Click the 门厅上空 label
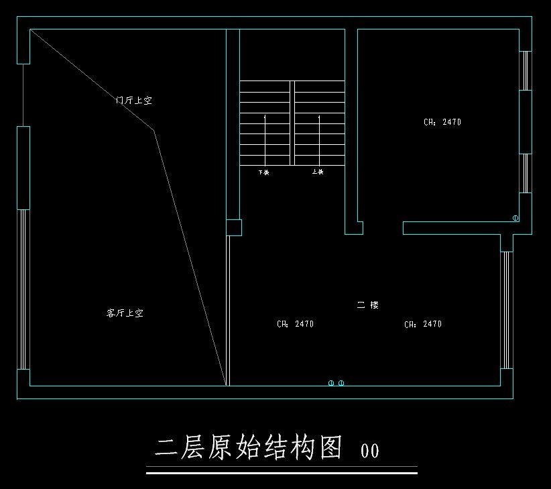tap(134, 101)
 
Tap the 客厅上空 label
tap(125, 313)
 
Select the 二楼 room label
tap(368, 305)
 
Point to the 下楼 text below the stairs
tap(263, 172)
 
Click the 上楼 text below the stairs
tap(318, 172)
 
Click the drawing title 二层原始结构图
tap(249, 447)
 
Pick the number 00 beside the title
tap(369, 450)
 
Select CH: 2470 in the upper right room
tap(442, 123)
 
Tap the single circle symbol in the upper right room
tap(515, 218)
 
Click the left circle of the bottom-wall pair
tap(331, 383)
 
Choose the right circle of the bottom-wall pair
tap(341, 383)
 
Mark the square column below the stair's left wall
tap(233, 227)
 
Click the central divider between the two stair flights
tap(292, 123)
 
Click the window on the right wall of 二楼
tap(506, 310)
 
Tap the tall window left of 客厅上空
tap(23, 289)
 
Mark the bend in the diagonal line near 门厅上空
tap(154, 130)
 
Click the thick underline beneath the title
tap(282, 473)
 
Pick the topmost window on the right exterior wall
tap(526, 70)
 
